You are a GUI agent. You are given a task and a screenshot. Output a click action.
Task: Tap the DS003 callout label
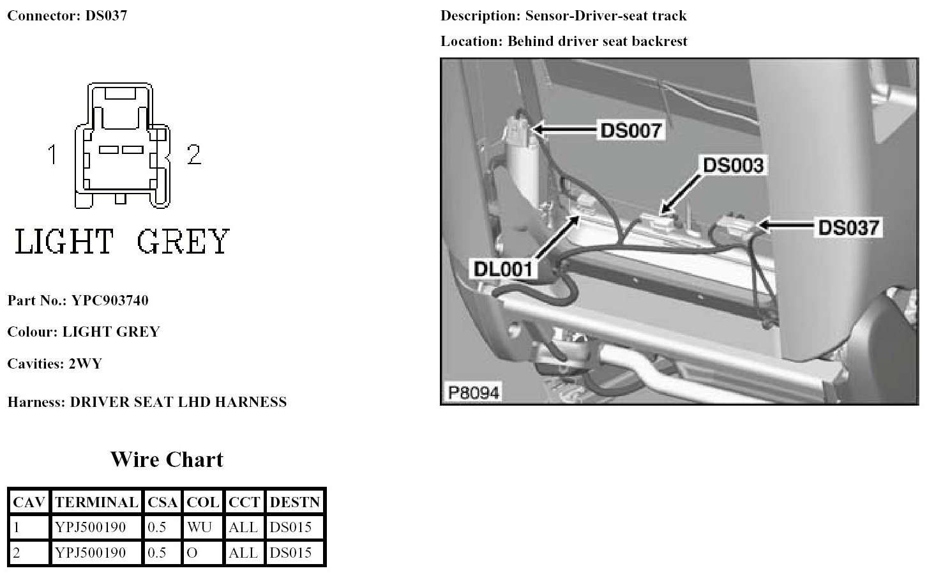coord(733,165)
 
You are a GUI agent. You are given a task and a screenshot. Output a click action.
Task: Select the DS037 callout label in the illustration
coord(848,227)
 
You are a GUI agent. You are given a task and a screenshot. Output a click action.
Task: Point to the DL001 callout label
coord(503,269)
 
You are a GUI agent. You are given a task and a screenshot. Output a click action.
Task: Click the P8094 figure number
coord(473,392)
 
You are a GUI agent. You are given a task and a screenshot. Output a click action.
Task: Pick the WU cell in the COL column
coord(200,528)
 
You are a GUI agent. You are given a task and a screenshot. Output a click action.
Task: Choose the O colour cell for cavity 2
coord(192,553)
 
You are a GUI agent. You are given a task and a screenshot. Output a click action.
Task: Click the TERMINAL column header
coord(96,502)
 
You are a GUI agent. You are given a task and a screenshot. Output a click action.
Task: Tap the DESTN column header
coord(294,502)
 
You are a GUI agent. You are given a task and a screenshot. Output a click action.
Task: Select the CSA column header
coord(162,502)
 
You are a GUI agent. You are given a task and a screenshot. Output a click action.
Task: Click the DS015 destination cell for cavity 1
coord(290,528)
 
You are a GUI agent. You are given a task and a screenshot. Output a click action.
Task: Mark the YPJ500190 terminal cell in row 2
coord(91,553)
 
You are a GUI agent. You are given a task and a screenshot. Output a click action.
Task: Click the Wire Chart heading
coord(167,459)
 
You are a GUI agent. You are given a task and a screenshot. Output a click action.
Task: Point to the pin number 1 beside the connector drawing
coord(53,155)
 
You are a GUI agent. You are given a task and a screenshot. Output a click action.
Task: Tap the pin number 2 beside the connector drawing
coord(194,155)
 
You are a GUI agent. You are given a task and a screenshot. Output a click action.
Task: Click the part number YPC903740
coord(110,300)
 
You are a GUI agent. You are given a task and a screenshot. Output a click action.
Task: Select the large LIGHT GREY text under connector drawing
coord(121,242)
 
